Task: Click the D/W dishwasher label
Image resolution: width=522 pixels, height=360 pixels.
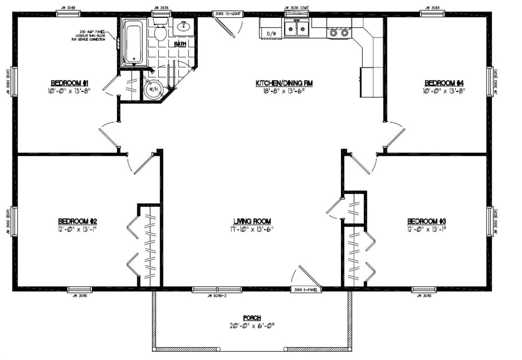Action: (271, 33)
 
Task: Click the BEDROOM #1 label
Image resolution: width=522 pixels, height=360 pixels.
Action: (69, 83)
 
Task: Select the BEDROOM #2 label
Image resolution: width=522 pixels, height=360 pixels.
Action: (77, 220)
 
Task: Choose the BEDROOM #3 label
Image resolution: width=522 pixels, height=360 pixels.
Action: (426, 220)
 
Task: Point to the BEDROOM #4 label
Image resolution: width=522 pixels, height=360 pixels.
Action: (444, 83)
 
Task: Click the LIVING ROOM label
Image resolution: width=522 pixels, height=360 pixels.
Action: (252, 221)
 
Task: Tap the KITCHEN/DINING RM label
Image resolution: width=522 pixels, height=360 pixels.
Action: (283, 83)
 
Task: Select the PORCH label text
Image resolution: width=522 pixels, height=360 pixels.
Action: (252, 318)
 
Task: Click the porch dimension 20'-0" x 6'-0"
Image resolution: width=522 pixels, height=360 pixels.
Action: (252, 326)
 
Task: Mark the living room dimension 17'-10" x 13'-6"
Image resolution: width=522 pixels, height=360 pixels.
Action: (252, 229)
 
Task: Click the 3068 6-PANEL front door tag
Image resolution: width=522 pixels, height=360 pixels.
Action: (306, 288)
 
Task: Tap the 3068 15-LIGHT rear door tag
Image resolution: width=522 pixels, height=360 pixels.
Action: (226, 14)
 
